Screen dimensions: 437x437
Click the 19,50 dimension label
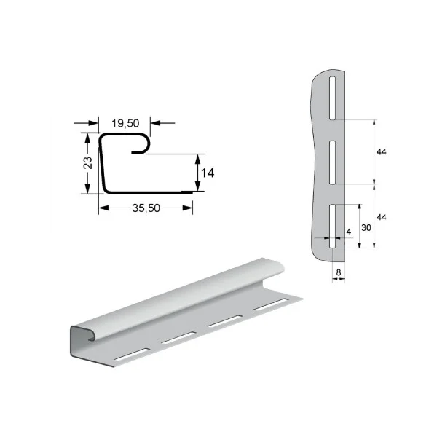[125, 123]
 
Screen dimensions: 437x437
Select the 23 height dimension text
[88, 162]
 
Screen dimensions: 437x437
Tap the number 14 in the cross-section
[208, 173]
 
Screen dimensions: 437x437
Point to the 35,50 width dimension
[146, 208]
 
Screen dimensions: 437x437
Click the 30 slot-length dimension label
[366, 228]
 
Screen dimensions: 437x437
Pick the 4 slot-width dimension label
[349, 232]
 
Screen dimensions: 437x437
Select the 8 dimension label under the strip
[339, 272]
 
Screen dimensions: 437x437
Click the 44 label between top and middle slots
[381, 152]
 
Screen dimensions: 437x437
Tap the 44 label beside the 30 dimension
[381, 217]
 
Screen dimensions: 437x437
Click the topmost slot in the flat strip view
[332, 98]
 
